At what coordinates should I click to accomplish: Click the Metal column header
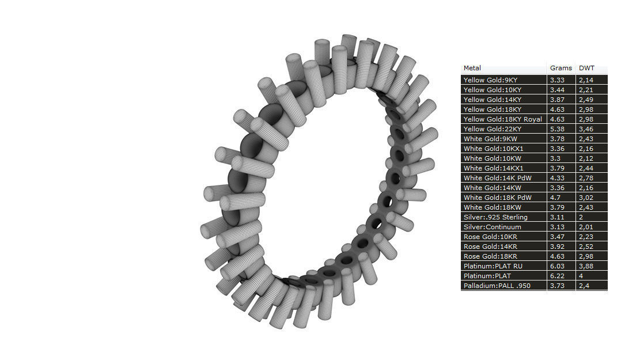coord(472,68)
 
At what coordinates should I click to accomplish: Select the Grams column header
coord(561,68)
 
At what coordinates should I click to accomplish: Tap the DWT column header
coord(586,68)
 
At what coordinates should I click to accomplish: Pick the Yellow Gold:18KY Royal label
coord(502,119)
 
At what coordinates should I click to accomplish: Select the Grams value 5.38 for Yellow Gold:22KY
coord(557,129)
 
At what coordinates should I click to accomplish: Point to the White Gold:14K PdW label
coord(497,178)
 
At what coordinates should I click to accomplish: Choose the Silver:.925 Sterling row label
coord(495,217)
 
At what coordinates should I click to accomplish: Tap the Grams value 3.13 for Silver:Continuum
coord(557,227)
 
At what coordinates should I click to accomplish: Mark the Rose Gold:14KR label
coord(490,247)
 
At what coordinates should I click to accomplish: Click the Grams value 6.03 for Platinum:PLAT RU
coord(557,266)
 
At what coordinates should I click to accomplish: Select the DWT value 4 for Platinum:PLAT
coord(581,276)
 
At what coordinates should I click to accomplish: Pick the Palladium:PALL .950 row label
coord(497,286)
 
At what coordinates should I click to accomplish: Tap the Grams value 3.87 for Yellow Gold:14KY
coord(557,100)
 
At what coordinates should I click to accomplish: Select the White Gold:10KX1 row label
coord(493,149)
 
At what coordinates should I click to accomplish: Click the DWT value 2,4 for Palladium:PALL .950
coord(584,286)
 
